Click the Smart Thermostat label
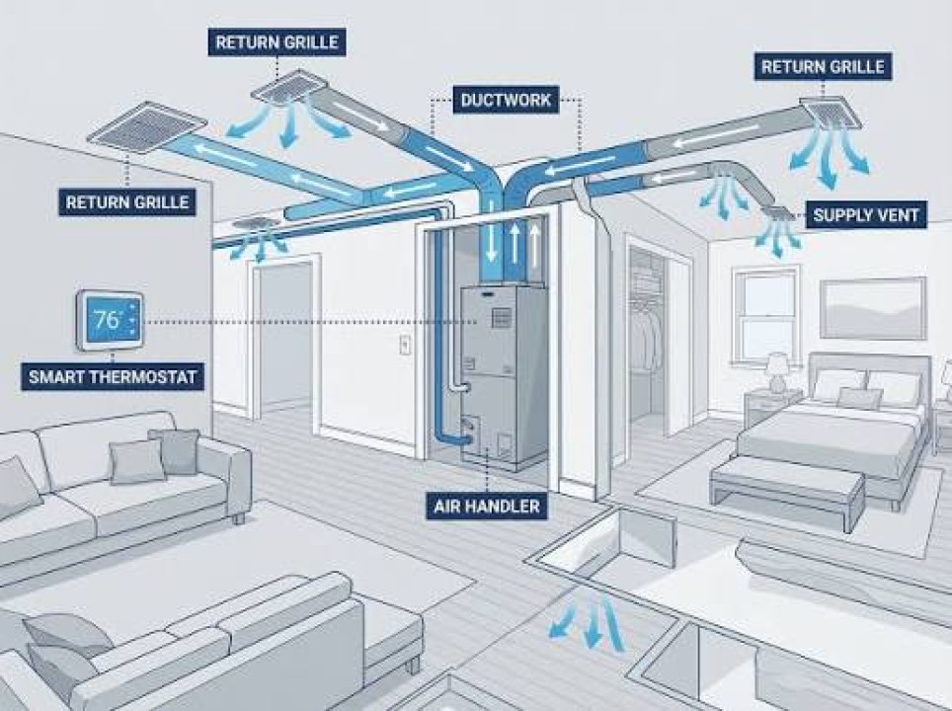113,376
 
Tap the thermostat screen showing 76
110,321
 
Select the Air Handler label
486,506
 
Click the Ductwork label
506,99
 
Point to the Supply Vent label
866,215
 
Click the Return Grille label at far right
824,65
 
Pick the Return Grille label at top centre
277,42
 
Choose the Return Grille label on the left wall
127,201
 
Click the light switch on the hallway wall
405,345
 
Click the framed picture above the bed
873,308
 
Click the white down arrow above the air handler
490,245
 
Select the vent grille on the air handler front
498,318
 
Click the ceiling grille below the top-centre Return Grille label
284,87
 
